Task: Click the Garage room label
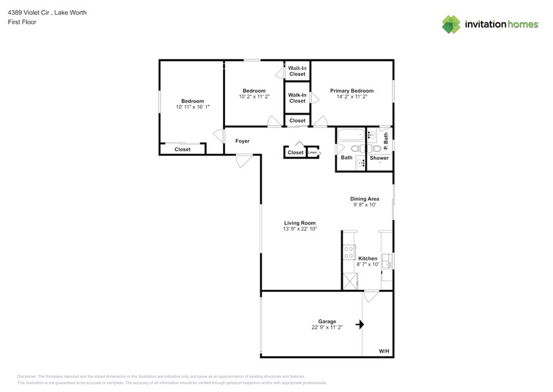(327, 321)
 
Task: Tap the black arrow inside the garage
(360, 325)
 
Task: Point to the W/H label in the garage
(384, 351)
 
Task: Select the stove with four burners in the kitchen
(348, 253)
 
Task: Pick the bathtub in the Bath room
(349, 135)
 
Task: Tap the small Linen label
(312, 153)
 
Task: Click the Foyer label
(242, 141)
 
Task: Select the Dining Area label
(365, 199)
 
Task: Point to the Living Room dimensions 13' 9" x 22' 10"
(299, 229)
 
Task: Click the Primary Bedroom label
(352, 91)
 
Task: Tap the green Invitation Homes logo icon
(451, 24)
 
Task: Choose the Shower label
(379, 158)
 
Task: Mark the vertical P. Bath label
(385, 141)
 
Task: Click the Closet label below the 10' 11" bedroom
(182, 149)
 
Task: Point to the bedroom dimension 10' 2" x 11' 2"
(254, 97)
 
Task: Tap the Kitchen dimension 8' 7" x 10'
(367, 265)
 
